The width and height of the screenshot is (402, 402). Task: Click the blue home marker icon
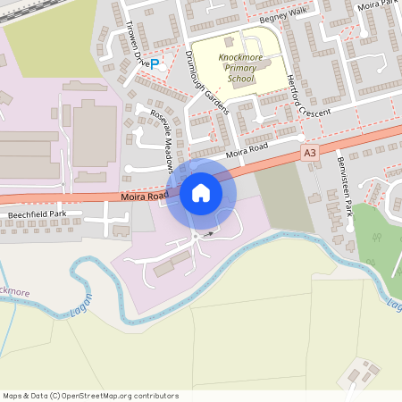(201, 192)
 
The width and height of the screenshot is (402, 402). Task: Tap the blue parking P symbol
(155, 63)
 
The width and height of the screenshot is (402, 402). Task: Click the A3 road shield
(310, 153)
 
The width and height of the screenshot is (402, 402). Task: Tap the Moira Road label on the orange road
(143, 195)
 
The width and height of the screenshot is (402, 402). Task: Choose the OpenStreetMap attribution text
(90, 396)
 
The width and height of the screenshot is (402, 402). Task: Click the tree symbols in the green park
(375, 239)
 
